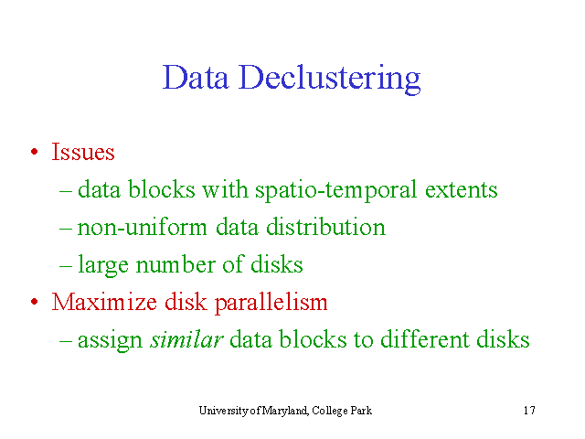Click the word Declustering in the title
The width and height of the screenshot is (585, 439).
click(330, 79)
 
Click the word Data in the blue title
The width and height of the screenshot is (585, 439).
click(196, 77)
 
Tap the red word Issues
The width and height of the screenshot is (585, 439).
click(83, 152)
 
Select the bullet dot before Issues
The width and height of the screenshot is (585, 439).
click(35, 152)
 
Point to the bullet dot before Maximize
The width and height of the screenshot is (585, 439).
click(35, 301)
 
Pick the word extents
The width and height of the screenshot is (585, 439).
click(461, 190)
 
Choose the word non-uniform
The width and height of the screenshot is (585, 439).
click(142, 227)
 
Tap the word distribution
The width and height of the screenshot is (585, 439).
click(325, 226)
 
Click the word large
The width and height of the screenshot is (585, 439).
click(103, 265)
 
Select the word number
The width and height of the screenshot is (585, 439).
click(175, 264)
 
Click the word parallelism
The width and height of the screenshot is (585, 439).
click(271, 303)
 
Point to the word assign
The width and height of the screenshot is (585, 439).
click(110, 340)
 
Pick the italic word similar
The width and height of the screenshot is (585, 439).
click(186, 339)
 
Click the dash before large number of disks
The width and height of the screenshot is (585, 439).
click(66, 266)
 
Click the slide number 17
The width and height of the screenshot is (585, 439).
click(529, 411)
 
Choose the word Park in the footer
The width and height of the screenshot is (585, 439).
click(361, 411)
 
